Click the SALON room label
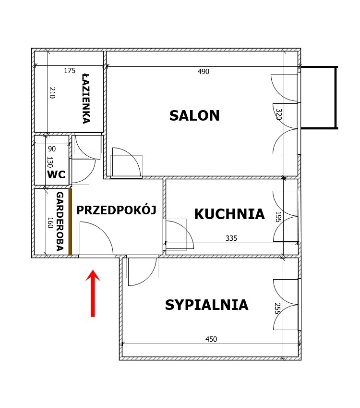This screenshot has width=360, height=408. [194, 115]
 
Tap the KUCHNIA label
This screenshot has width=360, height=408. [229, 214]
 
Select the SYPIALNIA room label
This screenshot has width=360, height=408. [207, 305]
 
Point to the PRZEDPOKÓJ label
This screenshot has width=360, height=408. [117, 210]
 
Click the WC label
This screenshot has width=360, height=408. [56, 174]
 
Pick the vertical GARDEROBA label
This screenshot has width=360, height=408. [60, 222]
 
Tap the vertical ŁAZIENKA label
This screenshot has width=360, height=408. [86, 99]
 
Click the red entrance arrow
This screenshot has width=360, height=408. [93, 294]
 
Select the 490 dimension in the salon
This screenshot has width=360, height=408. [203, 72]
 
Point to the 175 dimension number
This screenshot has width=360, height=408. [70, 71]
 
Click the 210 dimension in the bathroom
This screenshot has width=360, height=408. [52, 93]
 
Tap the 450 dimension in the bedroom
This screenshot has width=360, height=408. [211, 339]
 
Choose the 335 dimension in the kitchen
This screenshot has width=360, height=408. [231, 238]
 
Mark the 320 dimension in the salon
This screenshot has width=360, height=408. [279, 114]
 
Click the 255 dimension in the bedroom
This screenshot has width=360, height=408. [277, 309]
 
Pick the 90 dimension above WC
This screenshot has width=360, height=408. [52, 149]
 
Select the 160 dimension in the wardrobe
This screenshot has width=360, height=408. [50, 223]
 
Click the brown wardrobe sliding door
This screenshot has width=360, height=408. [70, 222]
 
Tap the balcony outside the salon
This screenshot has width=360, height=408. [319, 98]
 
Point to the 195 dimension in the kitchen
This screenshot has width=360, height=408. [278, 217]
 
